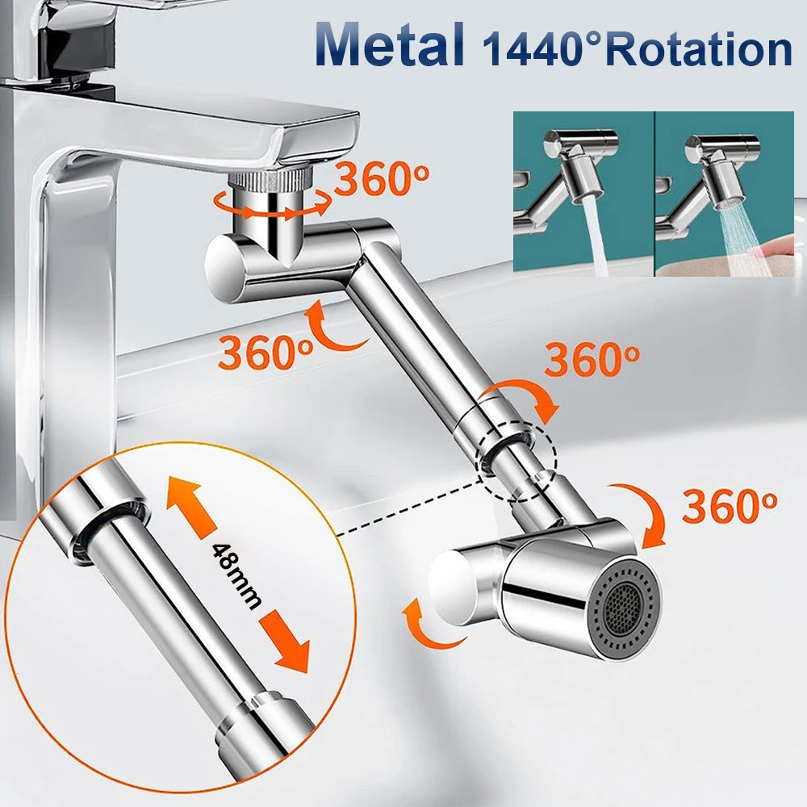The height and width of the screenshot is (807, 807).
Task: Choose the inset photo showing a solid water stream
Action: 583,193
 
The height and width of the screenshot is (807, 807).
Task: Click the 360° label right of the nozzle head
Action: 730,504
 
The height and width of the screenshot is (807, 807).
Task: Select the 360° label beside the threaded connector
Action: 383,179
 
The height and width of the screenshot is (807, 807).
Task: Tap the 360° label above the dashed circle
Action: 592,359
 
